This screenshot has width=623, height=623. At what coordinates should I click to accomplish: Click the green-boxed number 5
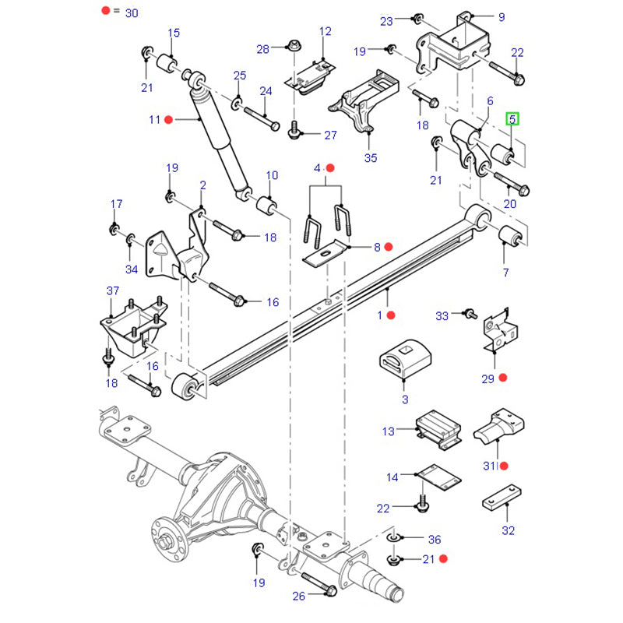(512, 119)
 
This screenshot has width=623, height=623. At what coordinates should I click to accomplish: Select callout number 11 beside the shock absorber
(153, 120)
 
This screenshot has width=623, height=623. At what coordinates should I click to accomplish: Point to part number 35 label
(370, 157)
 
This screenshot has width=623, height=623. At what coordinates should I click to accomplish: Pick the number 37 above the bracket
(112, 290)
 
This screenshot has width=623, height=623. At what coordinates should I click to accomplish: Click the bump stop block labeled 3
(404, 360)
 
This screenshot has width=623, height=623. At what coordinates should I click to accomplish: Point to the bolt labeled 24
(262, 115)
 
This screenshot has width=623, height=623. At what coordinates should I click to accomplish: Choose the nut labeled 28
(294, 46)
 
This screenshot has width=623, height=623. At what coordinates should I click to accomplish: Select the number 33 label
(442, 315)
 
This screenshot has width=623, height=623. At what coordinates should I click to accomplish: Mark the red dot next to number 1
(391, 315)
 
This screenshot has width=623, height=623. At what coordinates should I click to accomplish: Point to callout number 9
(501, 16)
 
